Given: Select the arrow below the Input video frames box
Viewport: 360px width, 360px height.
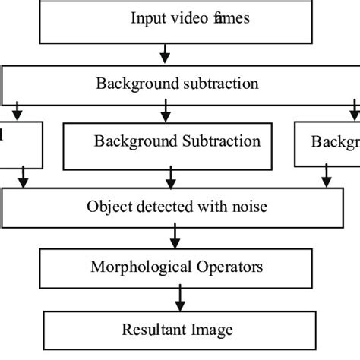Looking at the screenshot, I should coord(165,52).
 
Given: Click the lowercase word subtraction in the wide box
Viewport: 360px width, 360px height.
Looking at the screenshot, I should coord(220,84).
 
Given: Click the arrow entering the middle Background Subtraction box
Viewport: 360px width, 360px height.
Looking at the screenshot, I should coord(165,113).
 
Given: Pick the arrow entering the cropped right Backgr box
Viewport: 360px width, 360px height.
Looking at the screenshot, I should coord(353,113).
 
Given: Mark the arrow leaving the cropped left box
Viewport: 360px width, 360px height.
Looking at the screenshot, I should coord(24,180).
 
